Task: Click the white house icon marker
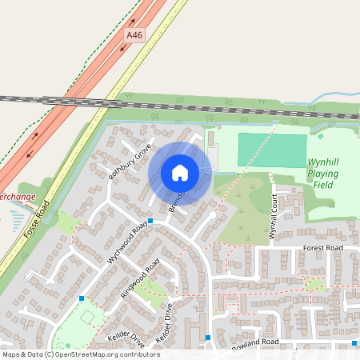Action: coord(180,172)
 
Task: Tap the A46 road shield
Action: coord(134,36)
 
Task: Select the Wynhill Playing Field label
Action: coord(322,173)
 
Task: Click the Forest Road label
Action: coord(322,249)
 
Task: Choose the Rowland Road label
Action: coord(255,342)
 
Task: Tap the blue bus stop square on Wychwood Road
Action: coord(150,221)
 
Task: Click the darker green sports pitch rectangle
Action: coord(272,150)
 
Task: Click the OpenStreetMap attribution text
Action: coord(81,354)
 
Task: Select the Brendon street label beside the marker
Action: coord(177,198)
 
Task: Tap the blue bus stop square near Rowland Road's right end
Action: coord(354,343)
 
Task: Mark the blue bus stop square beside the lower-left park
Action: coord(82,298)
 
